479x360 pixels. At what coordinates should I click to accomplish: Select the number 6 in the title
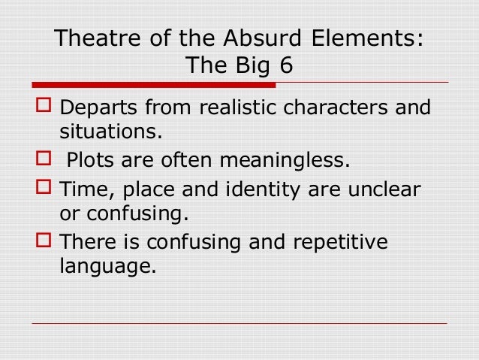pyautogui.click(x=286, y=65)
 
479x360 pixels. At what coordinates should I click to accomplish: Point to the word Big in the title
pyautogui.click(x=252, y=65)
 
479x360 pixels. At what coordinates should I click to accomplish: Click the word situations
pyautogui.click(x=110, y=133)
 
